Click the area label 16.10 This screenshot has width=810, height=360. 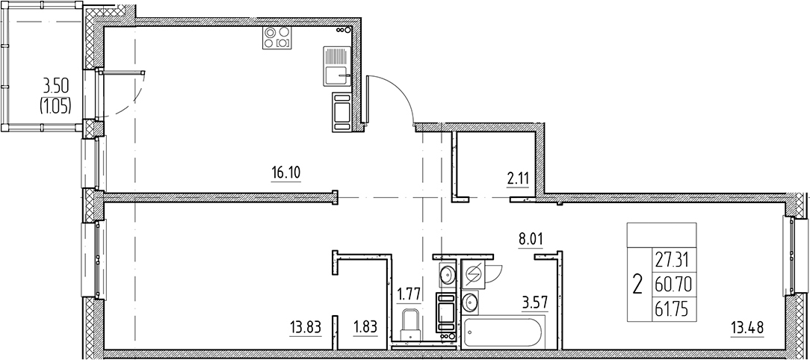coord(285,174)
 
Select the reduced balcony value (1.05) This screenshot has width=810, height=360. coord(55,105)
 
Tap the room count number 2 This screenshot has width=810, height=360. coord(637,284)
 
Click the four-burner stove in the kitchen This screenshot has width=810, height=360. coord(278,38)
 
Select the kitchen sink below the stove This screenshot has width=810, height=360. coord(337,67)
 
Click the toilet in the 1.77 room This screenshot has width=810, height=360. coord(410,326)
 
